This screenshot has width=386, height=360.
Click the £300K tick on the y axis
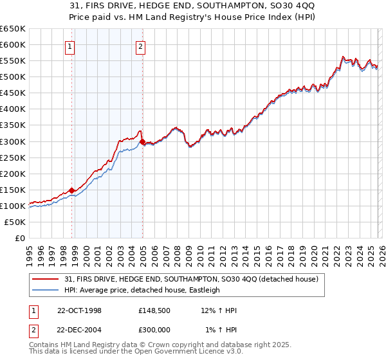(x=13, y=141)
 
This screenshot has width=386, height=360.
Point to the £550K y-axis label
(x=13, y=60)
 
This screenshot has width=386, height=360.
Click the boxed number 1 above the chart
(x=69, y=46)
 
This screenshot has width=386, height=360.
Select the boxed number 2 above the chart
(x=140, y=46)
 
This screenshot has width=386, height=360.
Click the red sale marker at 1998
(x=72, y=190)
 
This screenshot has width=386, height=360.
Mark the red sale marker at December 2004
(x=142, y=141)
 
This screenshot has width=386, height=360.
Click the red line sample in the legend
(x=46, y=280)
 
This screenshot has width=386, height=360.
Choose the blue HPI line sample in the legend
(x=46, y=290)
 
